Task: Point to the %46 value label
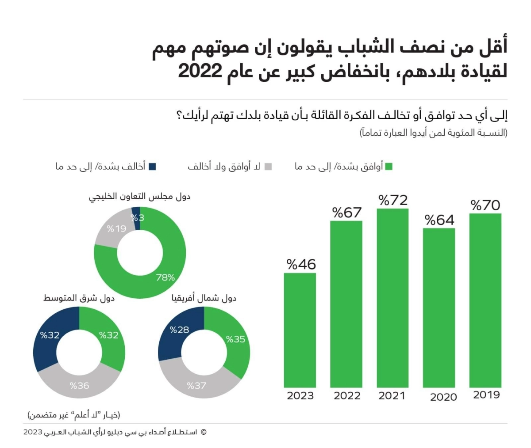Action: point(301,264)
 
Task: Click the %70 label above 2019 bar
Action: point(485,205)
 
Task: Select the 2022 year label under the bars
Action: point(347,395)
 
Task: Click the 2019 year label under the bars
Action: point(486,395)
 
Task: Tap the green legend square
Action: point(389,167)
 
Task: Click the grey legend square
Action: point(269,167)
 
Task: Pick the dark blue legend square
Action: point(153,167)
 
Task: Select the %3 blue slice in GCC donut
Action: point(137,218)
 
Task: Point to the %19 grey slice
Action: point(116,229)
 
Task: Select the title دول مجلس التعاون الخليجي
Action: point(139,197)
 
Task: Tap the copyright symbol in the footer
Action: point(204,432)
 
